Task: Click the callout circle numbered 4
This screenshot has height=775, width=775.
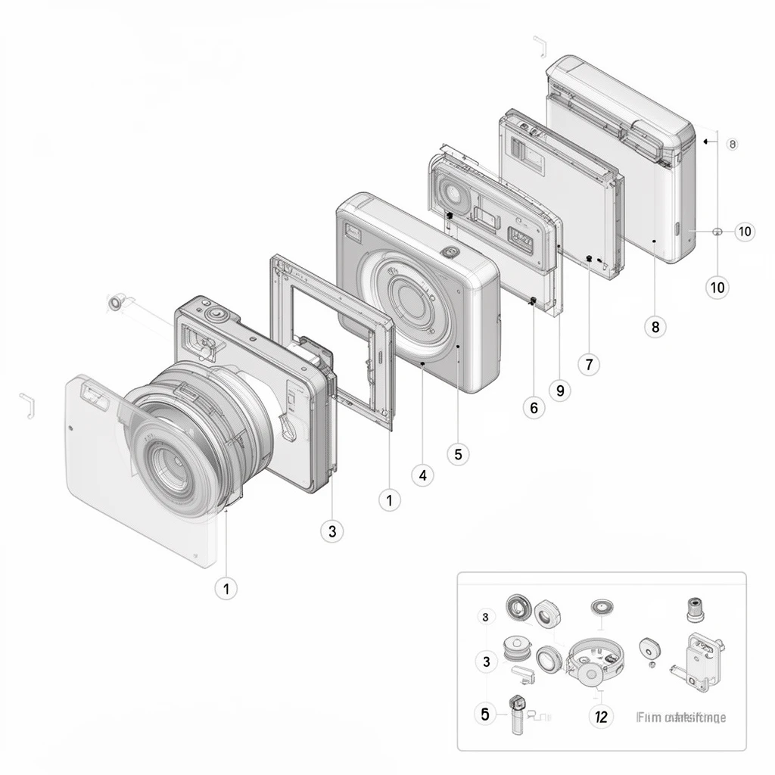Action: pyautogui.click(x=422, y=475)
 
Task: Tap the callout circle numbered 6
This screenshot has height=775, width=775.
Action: pyautogui.click(x=534, y=408)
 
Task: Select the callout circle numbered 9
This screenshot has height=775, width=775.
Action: pyautogui.click(x=559, y=391)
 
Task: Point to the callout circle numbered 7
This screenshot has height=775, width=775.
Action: pyautogui.click(x=589, y=364)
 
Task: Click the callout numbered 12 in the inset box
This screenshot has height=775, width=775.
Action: pyautogui.click(x=600, y=715)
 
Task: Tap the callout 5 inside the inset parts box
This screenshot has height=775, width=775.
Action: pyautogui.click(x=485, y=713)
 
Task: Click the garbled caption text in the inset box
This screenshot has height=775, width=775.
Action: pyautogui.click(x=681, y=717)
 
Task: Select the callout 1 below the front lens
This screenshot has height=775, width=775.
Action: pyautogui.click(x=226, y=587)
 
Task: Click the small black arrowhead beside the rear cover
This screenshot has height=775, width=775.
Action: pyautogui.click(x=705, y=141)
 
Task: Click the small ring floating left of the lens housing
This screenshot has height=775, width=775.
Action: pyautogui.click(x=115, y=303)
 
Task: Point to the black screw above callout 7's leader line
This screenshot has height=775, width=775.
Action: pyautogui.click(x=588, y=258)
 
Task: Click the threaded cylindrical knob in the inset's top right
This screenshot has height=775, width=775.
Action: pyautogui.click(x=694, y=608)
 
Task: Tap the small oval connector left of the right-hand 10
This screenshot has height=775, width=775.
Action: pyautogui.click(x=717, y=232)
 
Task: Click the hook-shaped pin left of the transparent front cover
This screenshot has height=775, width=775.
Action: pyautogui.click(x=28, y=406)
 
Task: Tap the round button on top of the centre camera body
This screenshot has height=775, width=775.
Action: pyautogui.click(x=450, y=253)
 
